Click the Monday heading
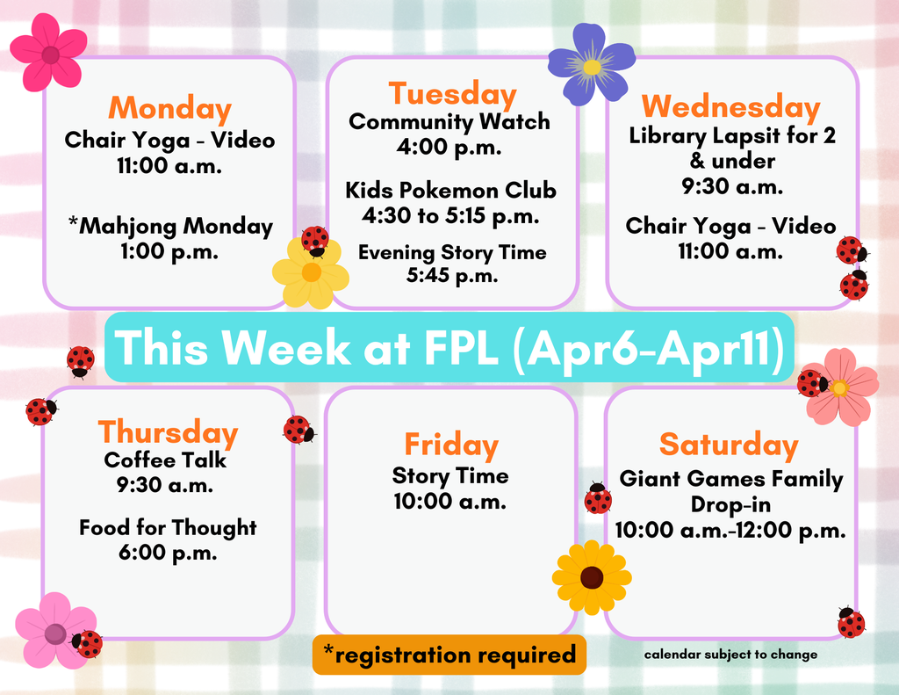169,109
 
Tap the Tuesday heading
452,94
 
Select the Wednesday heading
730,107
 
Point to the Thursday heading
168,432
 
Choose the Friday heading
450,445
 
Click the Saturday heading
729,445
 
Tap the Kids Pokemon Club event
450,191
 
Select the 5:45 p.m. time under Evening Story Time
452,276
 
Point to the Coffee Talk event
165,460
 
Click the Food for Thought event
168,528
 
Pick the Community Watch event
449,122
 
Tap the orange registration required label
449,655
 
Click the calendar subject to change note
730,655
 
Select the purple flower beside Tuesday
591,65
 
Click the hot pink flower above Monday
49,53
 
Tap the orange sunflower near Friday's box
592,577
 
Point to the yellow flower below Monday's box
311,273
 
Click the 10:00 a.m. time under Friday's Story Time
450,503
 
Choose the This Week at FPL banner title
449,348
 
